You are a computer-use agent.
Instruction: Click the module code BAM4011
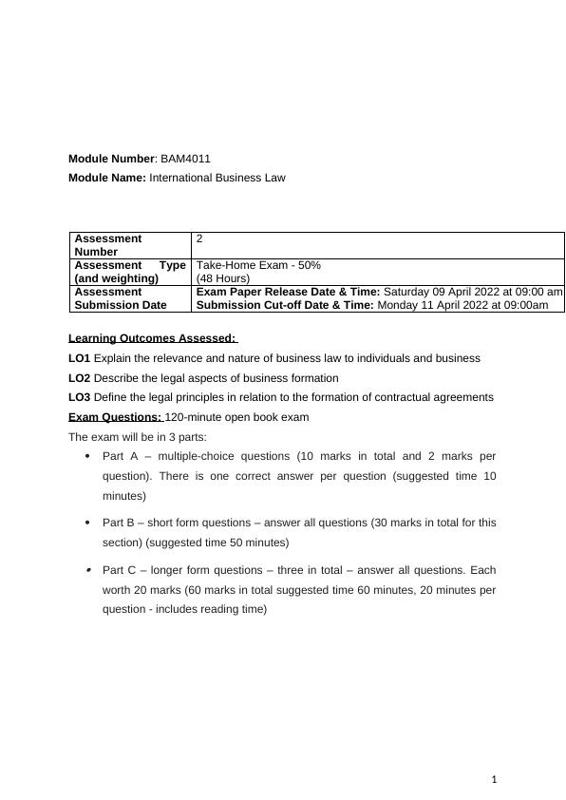click(x=186, y=159)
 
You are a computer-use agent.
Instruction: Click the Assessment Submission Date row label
click(x=120, y=298)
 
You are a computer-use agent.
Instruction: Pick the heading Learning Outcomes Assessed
click(x=152, y=338)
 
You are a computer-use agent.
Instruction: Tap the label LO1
click(x=80, y=358)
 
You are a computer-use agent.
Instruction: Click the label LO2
click(x=80, y=378)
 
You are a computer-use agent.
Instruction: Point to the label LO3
click(x=80, y=397)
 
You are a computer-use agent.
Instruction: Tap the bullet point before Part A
click(x=87, y=455)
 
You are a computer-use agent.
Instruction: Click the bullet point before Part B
click(x=87, y=523)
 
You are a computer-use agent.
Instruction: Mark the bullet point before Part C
click(x=87, y=570)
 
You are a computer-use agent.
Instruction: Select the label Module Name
click(x=106, y=178)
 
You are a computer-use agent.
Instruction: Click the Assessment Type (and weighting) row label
click(x=129, y=272)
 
